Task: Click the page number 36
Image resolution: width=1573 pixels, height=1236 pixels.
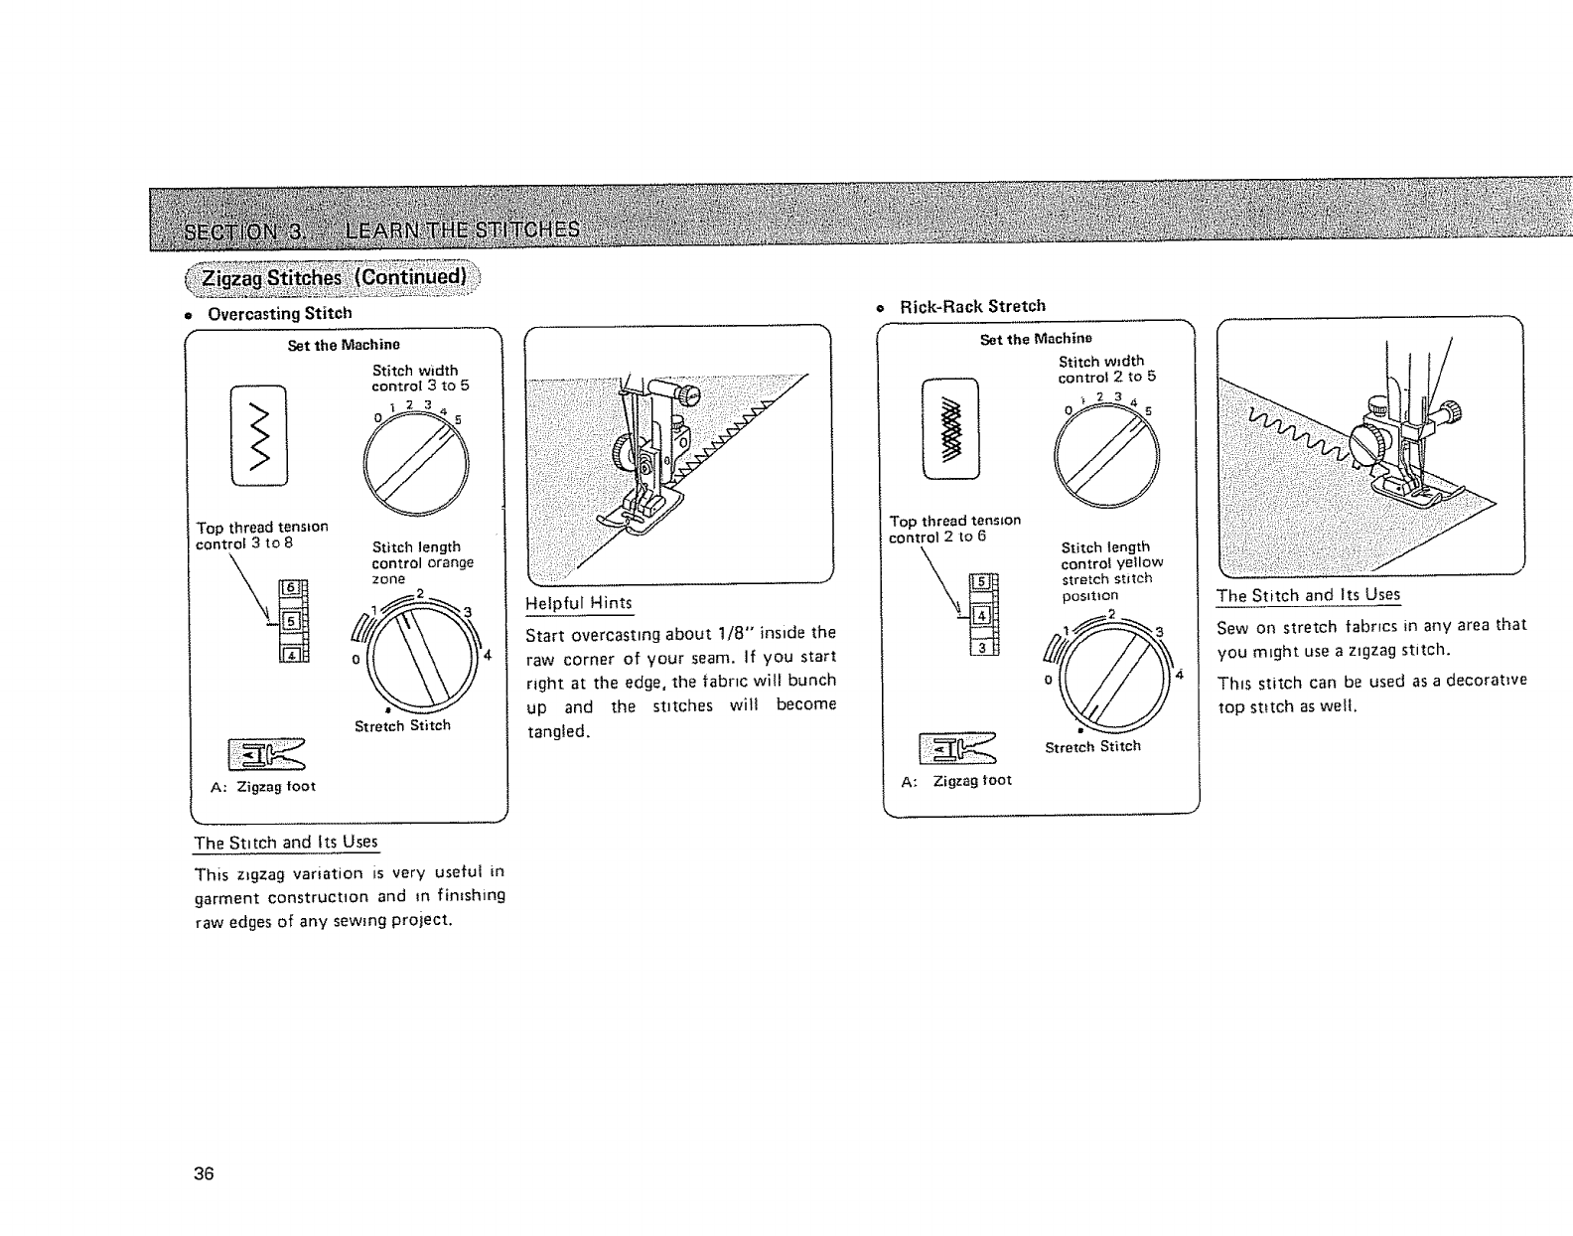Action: point(205,1172)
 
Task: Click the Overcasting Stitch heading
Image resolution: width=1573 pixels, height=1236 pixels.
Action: point(279,313)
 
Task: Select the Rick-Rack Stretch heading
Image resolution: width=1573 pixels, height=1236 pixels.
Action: point(972,306)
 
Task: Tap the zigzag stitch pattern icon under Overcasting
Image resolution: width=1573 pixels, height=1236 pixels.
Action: point(259,435)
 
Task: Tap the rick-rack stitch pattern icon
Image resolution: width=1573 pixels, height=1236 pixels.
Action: point(950,429)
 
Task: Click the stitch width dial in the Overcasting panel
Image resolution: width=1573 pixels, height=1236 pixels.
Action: point(416,465)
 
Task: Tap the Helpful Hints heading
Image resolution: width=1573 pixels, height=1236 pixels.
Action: point(579,603)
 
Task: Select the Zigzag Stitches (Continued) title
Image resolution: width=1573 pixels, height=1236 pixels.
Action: point(334,276)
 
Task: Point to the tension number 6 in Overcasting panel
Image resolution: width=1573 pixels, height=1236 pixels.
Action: point(291,588)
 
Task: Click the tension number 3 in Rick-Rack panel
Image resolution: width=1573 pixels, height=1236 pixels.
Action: point(981,648)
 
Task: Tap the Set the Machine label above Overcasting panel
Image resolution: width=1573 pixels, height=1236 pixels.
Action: point(344,345)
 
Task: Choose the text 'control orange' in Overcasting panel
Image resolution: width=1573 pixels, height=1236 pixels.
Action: point(422,562)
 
